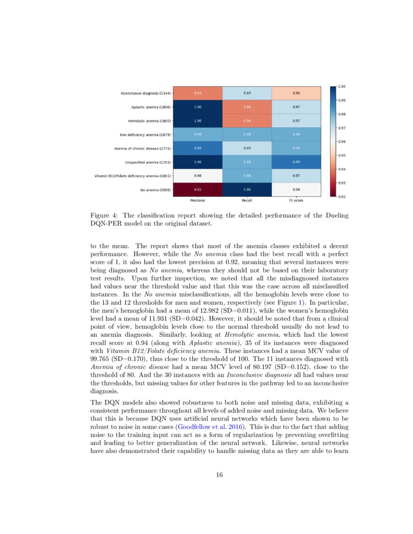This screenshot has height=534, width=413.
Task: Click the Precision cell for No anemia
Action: (x=198, y=189)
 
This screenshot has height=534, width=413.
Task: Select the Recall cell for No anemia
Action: (x=247, y=189)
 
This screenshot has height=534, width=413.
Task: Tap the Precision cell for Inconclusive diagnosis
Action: (x=198, y=93)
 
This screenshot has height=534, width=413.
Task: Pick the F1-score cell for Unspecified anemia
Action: (x=296, y=162)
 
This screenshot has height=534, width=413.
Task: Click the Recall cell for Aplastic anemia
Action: (x=247, y=107)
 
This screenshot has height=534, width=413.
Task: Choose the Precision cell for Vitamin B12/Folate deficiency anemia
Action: (x=198, y=176)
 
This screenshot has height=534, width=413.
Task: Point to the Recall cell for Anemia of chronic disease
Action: (x=247, y=148)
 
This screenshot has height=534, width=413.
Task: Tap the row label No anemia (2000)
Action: (x=155, y=190)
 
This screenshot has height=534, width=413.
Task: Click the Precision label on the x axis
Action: (x=198, y=200)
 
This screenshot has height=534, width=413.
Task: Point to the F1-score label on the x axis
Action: (x=296, y=200)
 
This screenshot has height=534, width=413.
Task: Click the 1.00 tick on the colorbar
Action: (x=342, y=86)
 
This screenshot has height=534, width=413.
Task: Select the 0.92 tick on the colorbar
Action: (x=342, y=197)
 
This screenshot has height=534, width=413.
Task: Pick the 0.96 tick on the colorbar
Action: (x=342, y=142)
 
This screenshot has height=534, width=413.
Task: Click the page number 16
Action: (x=219, y=475)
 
